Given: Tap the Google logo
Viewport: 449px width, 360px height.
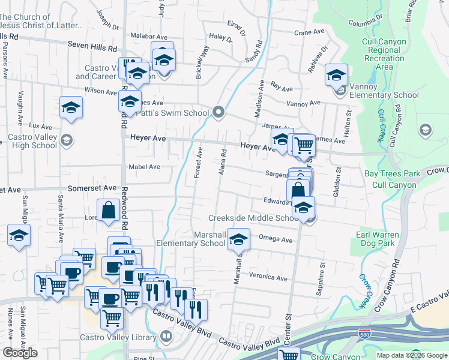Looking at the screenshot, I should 20,353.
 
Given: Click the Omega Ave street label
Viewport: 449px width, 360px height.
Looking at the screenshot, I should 275,239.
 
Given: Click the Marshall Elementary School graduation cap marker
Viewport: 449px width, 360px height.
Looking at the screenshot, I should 238,240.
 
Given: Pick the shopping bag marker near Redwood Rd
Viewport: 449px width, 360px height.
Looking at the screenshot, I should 109,211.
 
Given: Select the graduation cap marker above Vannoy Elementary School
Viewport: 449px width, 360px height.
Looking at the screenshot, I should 337,76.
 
